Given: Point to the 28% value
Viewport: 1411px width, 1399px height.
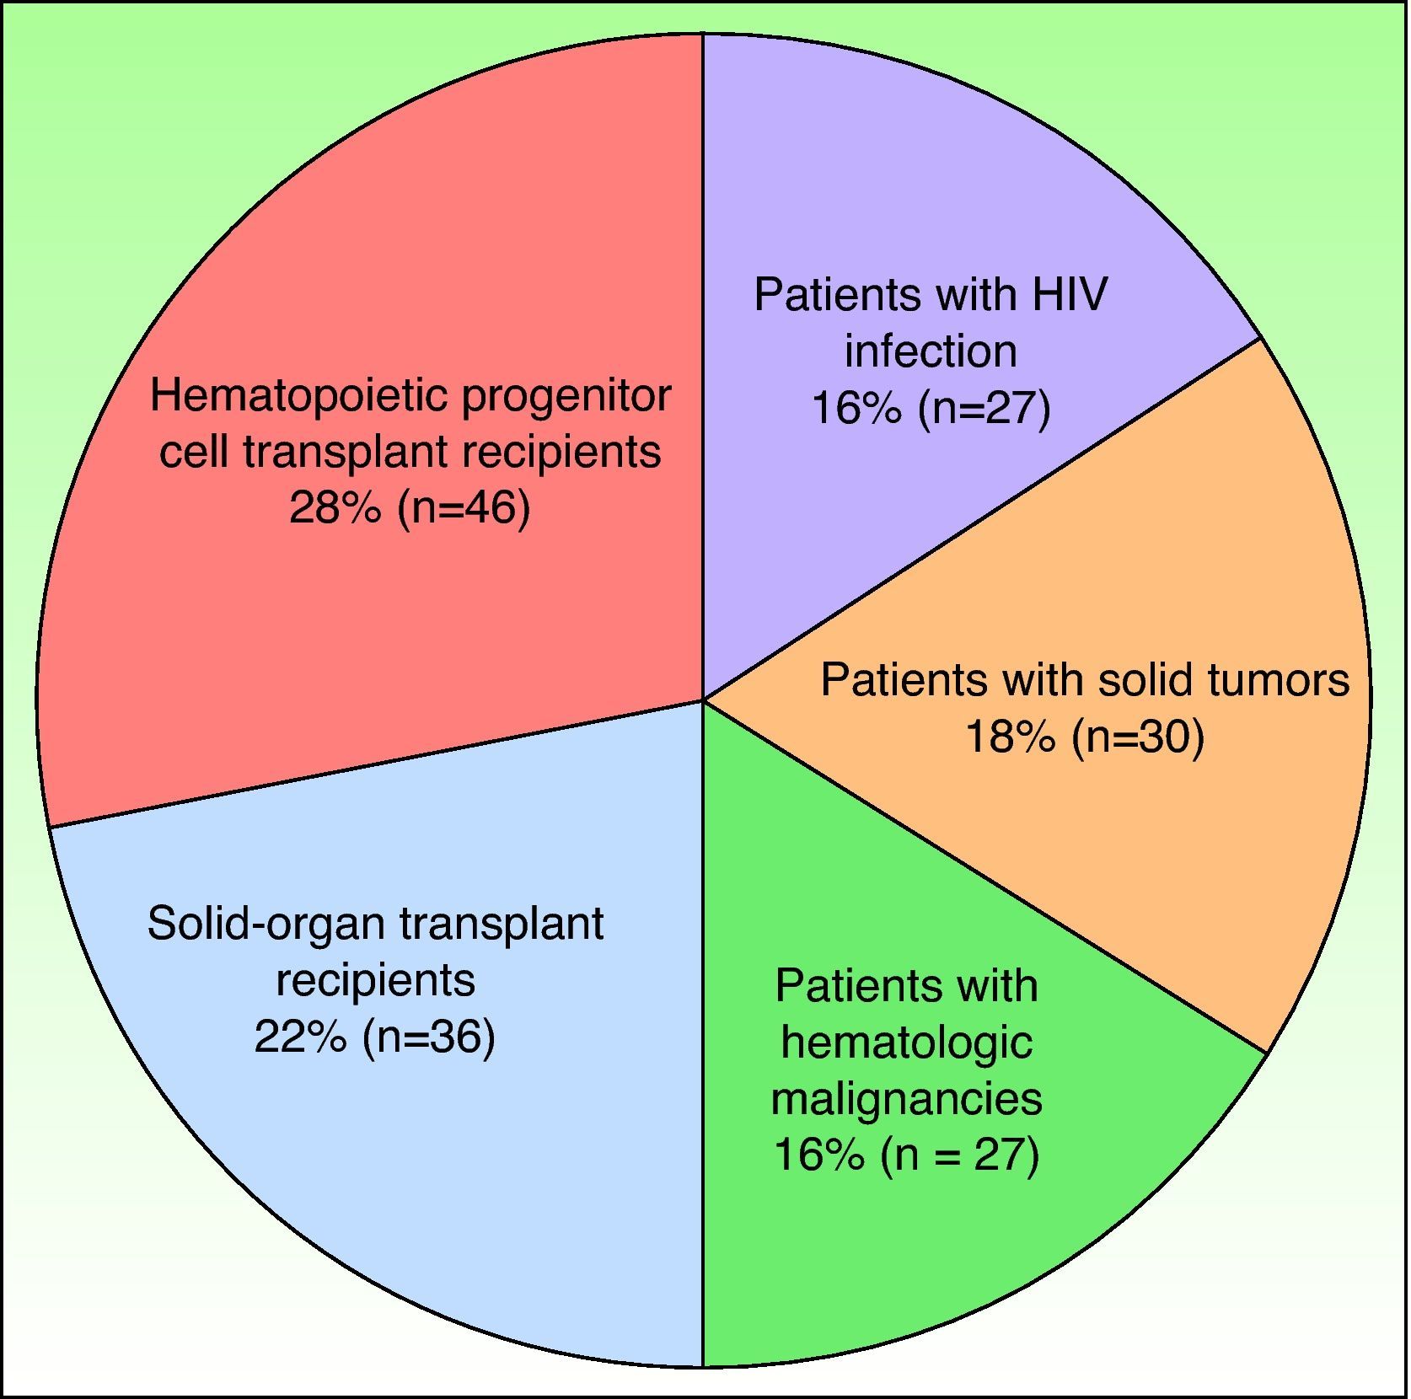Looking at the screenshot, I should point(335,508).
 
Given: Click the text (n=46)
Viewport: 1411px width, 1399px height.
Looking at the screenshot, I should point(464,509).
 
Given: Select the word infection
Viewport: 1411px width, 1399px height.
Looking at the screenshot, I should point(931,351).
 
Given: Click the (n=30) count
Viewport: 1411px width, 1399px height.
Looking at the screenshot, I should point(1138,737).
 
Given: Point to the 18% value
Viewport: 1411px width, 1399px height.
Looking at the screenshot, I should point(1010,737).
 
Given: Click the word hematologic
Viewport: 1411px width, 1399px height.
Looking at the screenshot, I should point(907,1042).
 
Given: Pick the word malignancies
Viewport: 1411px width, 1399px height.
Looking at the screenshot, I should point(907,1098).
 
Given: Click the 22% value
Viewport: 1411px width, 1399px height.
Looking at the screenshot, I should point(300,1037).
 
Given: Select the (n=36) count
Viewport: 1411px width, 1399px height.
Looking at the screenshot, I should point(428,1037).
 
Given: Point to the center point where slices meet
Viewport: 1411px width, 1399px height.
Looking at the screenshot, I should point(704,699).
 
